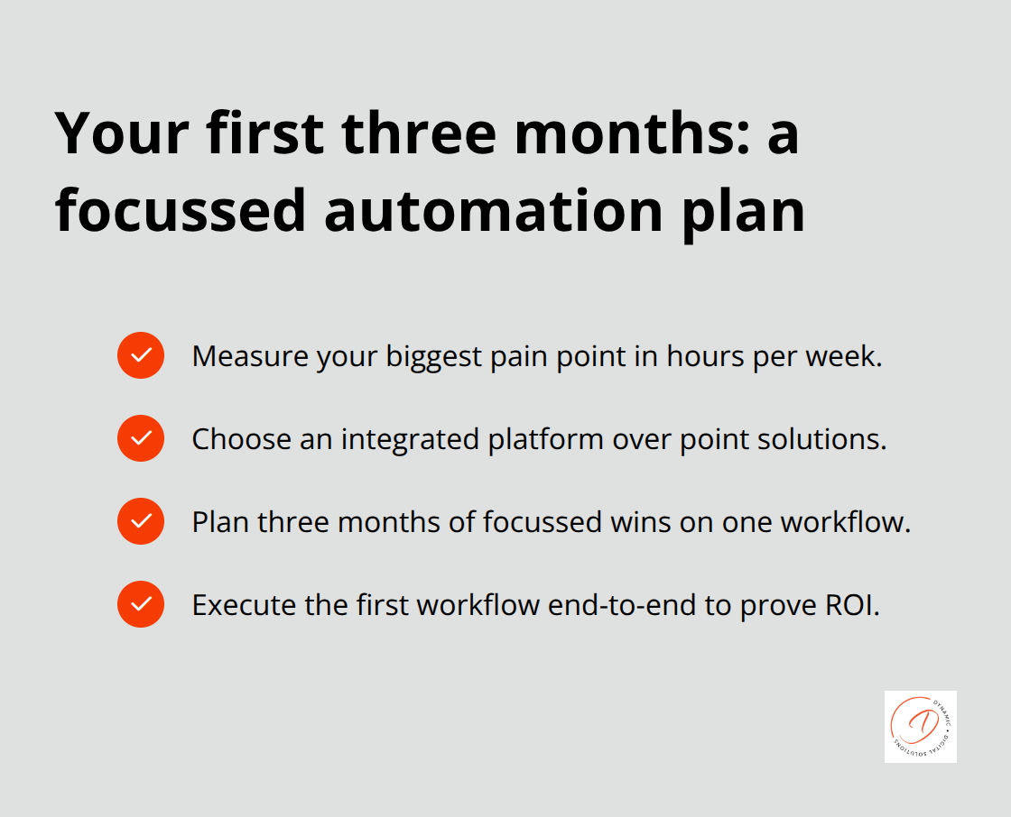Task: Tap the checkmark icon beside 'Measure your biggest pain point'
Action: [141, 355]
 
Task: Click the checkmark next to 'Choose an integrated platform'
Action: [141, 438]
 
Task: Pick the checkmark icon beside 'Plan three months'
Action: [141, 521]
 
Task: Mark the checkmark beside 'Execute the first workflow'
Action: [141, 604]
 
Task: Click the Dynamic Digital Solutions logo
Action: [920, 727]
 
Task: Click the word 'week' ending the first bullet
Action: [846, 356]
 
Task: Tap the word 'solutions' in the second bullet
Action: [824, 439]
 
